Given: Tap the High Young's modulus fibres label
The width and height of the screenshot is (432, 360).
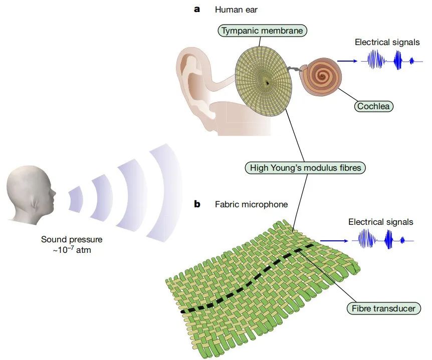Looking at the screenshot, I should [x=305, y=168].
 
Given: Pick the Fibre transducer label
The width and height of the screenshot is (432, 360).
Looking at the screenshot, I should [x=383, y=308].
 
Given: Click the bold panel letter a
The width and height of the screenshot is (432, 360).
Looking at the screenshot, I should [x=197, y=9].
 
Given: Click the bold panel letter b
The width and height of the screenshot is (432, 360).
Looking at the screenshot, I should [x=197, y=204].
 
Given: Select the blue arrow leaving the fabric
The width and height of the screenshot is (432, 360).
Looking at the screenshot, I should [x=334, y=241].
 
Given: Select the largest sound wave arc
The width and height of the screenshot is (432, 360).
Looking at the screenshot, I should [x=166, y=195].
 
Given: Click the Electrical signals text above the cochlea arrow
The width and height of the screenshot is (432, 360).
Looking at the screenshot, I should [x=387, y=42].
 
